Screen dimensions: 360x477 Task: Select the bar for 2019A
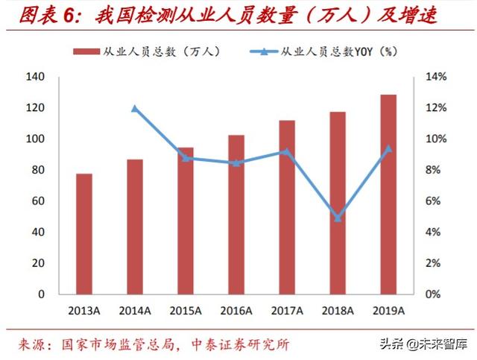pos(388,194)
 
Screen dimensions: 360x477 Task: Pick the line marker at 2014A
pos(135,108)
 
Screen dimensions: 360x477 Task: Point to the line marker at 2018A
pos(338,218)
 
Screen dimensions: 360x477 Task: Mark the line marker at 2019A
pos(388,148)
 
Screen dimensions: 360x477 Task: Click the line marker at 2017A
pos(287,151)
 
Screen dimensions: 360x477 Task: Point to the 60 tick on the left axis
pos(38,201)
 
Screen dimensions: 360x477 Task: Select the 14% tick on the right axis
pos(435,77)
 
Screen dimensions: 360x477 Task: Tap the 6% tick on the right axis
pos(433,201)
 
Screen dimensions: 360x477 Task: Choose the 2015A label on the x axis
pos(186,311)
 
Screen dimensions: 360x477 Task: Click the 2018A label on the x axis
pos(338,311)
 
